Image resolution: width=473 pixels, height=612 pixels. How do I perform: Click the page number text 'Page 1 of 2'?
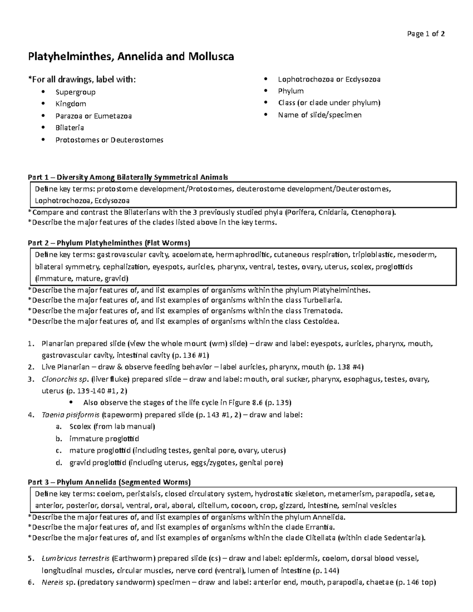426,34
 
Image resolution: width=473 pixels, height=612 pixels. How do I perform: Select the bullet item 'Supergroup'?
75,92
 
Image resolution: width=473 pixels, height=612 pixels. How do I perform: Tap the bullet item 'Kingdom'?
71,104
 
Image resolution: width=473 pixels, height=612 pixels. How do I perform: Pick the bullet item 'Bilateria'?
69,128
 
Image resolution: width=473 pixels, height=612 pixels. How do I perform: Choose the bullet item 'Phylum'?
291,91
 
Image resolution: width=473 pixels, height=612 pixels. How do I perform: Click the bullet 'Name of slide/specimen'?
320,115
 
